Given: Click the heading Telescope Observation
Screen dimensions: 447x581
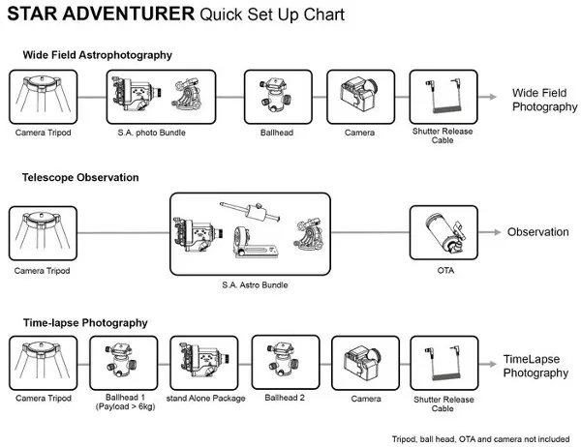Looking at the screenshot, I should [x=81, y=178].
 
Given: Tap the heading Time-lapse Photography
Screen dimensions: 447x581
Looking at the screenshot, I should [x=85, y=322].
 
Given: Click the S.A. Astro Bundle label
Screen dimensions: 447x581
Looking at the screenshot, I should [x=255, y=285].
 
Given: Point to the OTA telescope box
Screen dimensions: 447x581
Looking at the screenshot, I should [x=445, y=234].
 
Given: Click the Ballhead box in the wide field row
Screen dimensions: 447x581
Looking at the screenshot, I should [x=275, y=98].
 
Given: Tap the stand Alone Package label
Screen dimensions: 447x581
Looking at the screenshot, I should [x=205, y=399].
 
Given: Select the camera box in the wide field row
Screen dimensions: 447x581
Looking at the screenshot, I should [x=359, y=98].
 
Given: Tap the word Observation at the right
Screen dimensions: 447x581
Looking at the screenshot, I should [x=538, y=233].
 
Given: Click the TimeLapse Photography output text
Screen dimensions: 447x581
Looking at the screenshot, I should [x=535, y=367].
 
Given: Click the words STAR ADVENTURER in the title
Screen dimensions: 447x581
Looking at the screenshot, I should [x=101, y=15].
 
